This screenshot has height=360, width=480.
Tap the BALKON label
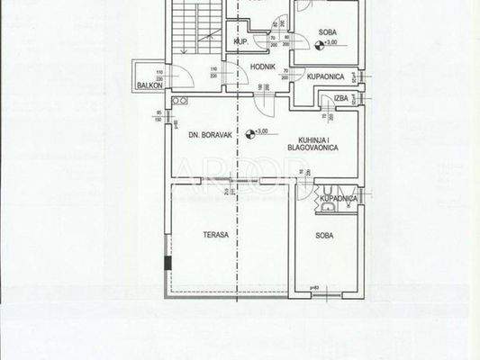click(148, 85)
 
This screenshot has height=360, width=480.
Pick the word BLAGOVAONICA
click(312, 147)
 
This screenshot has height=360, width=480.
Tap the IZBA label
click(340, 96)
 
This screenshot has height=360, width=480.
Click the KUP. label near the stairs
click(240, 42)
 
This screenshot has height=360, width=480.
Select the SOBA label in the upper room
click(328, 31)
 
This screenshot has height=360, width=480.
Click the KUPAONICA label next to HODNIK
click(322, 78)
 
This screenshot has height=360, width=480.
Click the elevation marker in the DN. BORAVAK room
click(262, 133)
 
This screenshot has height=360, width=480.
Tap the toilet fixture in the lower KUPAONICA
click(329, 208)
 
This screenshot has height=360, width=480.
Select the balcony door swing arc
click(179, 76)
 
